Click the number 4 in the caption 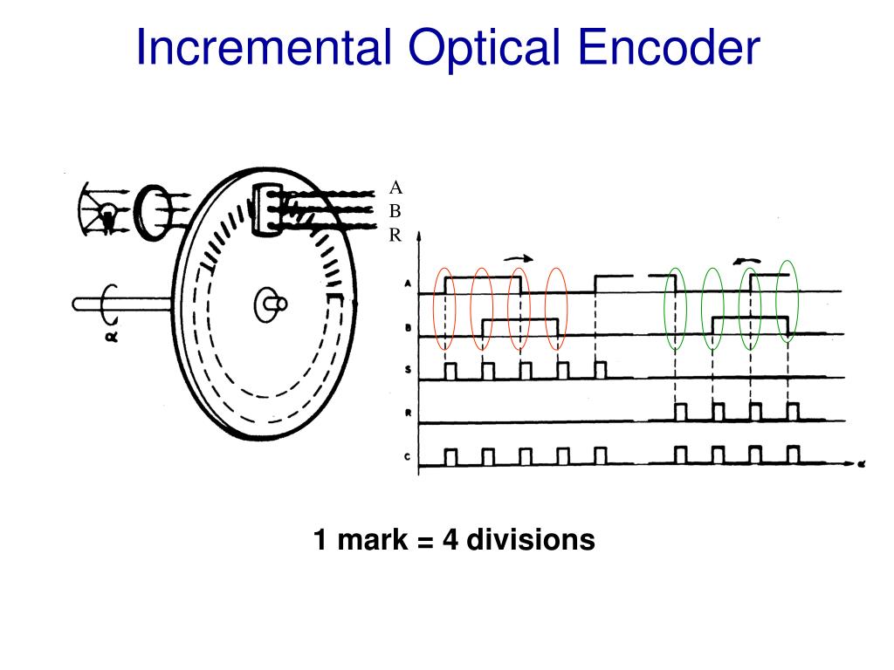point(450,540)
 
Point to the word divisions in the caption point(531,540)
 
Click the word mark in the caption point(372,540)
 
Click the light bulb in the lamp point(107,213)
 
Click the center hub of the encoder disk point(267,304)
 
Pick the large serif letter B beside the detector point(395,212)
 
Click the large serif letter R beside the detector point(395,235)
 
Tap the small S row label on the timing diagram point(409,370)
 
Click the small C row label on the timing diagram point(409,457)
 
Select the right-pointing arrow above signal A point(518,258)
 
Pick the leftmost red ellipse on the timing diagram point(445,307)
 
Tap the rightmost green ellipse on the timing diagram point(788,304)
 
